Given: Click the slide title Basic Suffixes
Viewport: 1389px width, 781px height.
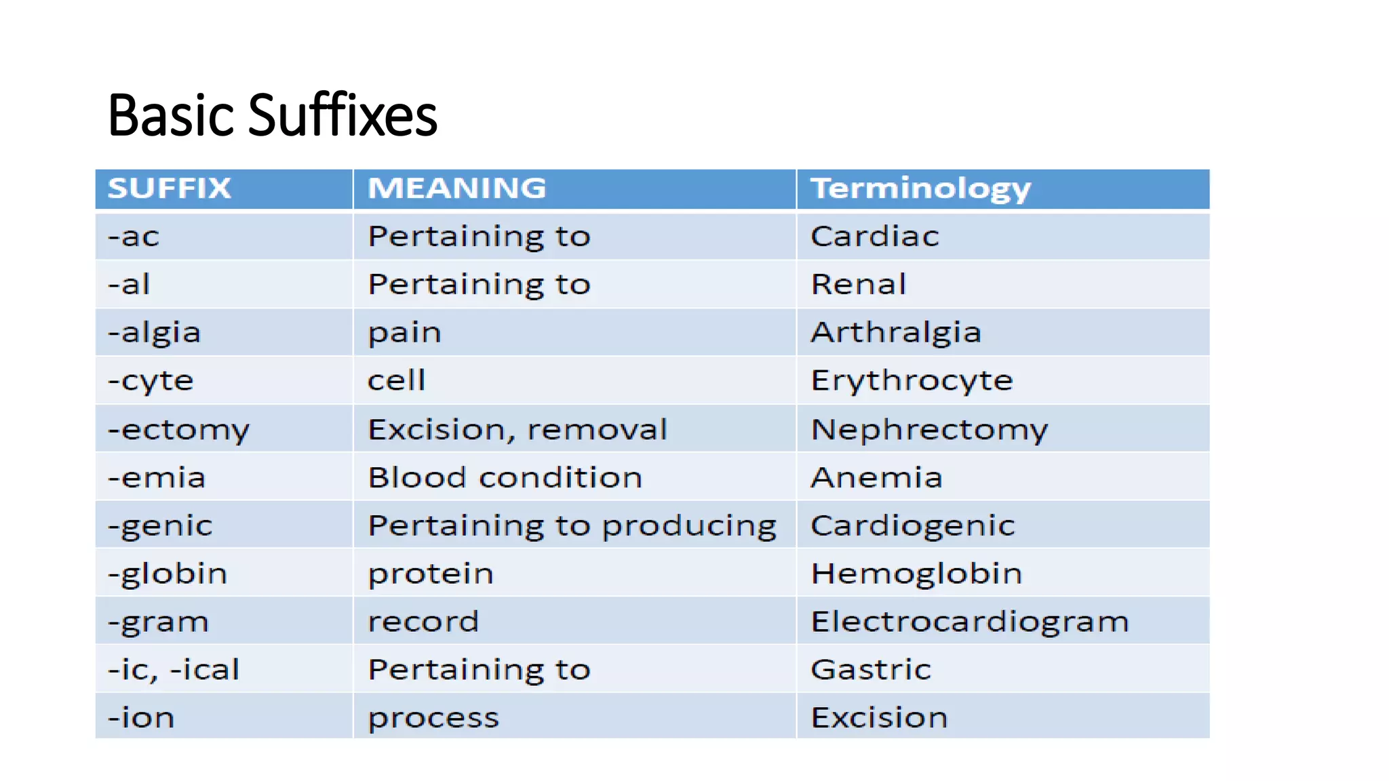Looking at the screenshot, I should pyautogui.click(x=272, y=115).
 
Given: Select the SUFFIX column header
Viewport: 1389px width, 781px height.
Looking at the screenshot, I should pyautogui.click(x=170, y=188).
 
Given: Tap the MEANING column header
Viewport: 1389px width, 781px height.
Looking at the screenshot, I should pyautogui.click(x=456, y=188).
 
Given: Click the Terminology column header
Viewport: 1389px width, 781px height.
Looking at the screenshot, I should pyautogui.click(x=920, y=188).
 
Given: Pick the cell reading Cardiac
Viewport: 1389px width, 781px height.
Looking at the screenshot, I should pyautogui.click(x=874, y=237).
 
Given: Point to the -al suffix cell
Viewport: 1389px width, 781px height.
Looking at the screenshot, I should pyautogui.click(x=129, y=284).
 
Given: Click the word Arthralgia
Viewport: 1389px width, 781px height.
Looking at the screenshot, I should pyautogui.click(x=895, y=332).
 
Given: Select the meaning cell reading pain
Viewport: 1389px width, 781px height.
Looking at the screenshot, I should pyautogui.click(x=404, y=333).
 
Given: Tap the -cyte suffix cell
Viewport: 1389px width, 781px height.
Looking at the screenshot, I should pyautogui.click(x=151, y=381).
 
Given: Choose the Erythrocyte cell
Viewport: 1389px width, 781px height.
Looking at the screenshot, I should pyautogui.click(x=911, y=381).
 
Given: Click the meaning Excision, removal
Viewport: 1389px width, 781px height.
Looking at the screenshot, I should pyautogui.click(x=517, y=429).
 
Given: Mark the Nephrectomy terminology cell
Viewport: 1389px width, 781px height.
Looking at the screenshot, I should pyautogui.click(x=928, y=429).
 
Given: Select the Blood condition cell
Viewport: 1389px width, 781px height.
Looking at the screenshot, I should pyautogui.click(x=505, y=477).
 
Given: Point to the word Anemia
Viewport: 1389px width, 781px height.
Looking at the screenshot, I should pyautogui.click(x=876, y=477).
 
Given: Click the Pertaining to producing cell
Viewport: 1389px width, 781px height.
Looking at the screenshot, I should pyautogui.click(x=572, y=525).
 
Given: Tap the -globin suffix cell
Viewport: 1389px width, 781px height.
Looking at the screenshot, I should pyautogui.click(x=168, y=574).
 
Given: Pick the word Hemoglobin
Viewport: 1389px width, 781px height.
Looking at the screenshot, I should pyautogui.click(x=916, y=574).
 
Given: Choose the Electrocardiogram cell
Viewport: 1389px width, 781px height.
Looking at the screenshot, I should pyautogui.click(x=969, y=622).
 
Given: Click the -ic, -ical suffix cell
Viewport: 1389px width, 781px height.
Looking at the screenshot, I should pyautogui.click(x=174, y=670).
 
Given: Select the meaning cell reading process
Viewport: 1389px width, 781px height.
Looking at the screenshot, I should pyautogui.click(x=433, y=718).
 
